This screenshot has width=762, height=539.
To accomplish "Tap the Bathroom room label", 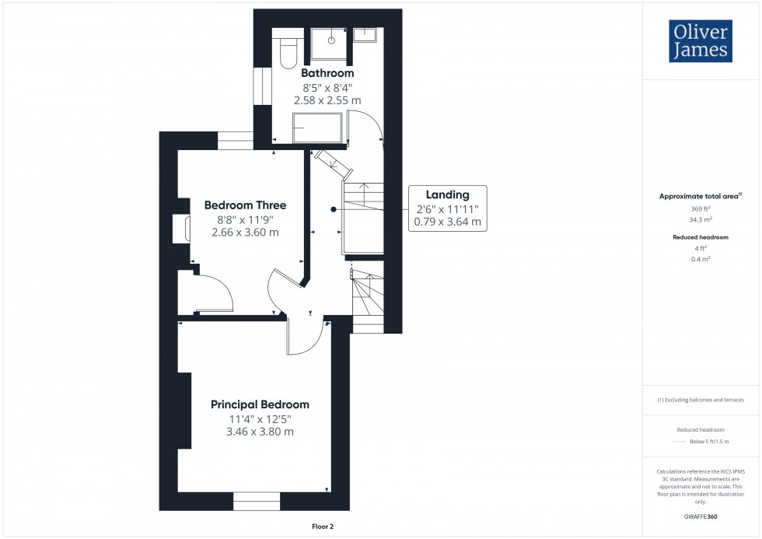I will click(327, 73).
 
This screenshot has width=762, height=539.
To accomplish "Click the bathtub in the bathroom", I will click(316, 128).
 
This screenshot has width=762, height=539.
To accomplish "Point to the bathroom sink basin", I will click(365, 34).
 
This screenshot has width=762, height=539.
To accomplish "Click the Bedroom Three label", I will click(245, 205).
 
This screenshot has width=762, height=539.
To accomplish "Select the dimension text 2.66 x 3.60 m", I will click(245, 233).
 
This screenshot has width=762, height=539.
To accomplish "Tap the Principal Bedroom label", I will click(260, 404).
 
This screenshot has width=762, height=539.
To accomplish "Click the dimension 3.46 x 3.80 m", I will click(260, 432).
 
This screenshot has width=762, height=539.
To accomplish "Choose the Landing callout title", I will click(447, 194).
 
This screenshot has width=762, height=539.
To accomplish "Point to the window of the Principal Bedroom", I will click(257, 502).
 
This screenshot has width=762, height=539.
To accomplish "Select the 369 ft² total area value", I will click(701, 209).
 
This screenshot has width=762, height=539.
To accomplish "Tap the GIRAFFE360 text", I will click(701, 515).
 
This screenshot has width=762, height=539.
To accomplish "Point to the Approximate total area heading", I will click(700, 196).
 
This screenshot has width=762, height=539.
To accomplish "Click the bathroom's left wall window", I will click(261, 88).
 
